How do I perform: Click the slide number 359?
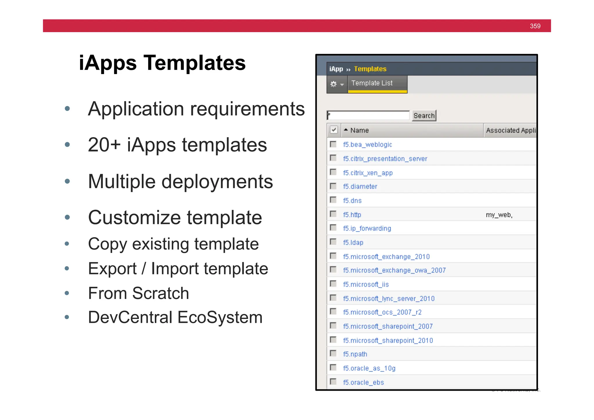pyautogui.click(x=535, y=26)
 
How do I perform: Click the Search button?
pyautogui.click(x=424, y=116)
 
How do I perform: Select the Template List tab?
pyautogui.click(x=372, y=83)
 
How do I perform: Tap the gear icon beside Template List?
pyautogui.click(x=334, y=84)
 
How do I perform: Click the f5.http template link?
pyautogui.click(x=352, y=215)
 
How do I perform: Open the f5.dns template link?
pyautogui.click(x=352, y=201)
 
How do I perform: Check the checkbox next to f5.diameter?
pyautogui.click(x=333, y=186)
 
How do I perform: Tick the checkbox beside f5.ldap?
pyautogui.click(x=333, y=242)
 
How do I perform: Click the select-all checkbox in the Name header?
pyautogui.click(x=334, y=130)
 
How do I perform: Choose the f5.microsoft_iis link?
pyautogui.click(x=366, y=284)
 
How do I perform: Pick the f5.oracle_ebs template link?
pyautogui.click(x=363, y=383)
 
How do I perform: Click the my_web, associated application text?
pyautogui.click(x=499, y=215)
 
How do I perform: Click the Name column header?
pyautogui.click(x=359, y=130)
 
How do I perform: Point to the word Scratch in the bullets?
pyautogui.click(x=160, y=293)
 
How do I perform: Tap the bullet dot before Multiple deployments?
pyautogui.click(x=67, y=181)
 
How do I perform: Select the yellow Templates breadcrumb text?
pyautogui.click(x=370, y=69)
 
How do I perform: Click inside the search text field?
pyautogui.click(x=368, y=115)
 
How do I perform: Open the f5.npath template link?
pyautogui.click(x=355, y=354)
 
